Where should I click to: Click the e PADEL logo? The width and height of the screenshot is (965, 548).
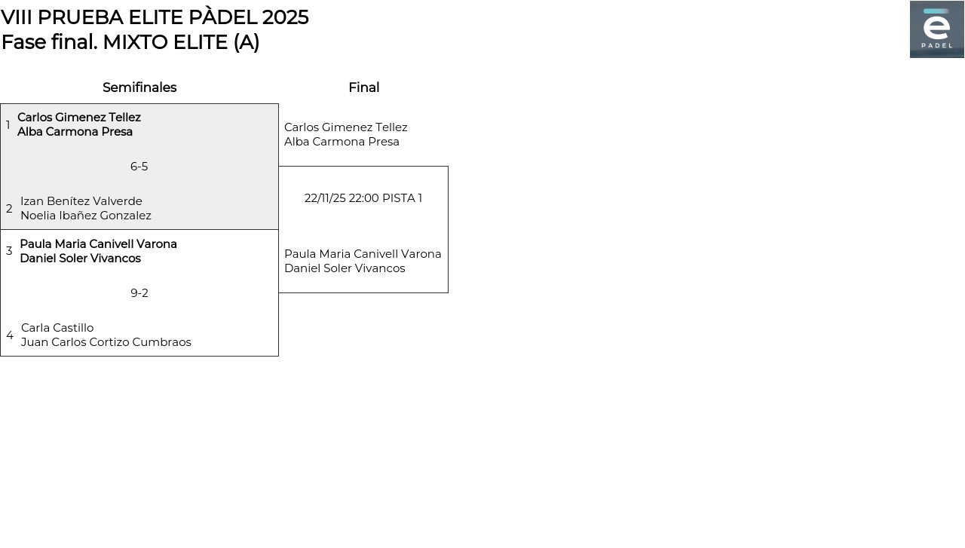click(x=936, y=29)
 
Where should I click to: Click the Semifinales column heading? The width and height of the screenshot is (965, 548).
click(x=139, y=87)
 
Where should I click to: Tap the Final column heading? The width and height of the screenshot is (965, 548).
click(x=363, y=87)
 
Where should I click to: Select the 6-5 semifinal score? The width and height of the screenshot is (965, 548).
click(x=139, y=167)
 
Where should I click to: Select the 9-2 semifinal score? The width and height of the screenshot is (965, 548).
click(x=139, y=293)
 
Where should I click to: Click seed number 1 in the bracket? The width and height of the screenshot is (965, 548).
click(x=8, y=125)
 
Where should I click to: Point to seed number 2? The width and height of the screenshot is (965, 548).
click(x=9, y=209)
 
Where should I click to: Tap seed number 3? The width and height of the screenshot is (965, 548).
click(x=9, y=251)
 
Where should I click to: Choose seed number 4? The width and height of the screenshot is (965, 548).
click(x=10, y=335)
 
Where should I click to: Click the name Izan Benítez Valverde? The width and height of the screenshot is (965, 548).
click(x=81, y=201)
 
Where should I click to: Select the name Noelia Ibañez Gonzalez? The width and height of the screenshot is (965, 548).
click(x=86, y=216)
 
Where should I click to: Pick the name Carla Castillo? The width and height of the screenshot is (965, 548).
click(x=57, y=328)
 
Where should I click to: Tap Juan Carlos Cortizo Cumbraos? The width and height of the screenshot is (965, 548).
click(x=106, y=342)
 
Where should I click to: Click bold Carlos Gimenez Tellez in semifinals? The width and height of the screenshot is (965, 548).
click(x=79, y=118)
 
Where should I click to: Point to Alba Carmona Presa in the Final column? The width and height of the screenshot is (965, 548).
click(x=342, y=142)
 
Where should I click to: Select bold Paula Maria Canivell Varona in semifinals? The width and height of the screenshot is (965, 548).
click(x=98, y=244)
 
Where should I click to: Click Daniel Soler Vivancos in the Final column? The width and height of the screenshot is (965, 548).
click(x=345, y=268)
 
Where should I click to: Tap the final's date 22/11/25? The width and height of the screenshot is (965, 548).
click(x=325, y=198)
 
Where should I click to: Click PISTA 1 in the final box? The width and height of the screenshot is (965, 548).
click(x=402, y=198)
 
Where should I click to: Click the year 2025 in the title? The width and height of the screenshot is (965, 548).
click(x=285, y=17)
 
